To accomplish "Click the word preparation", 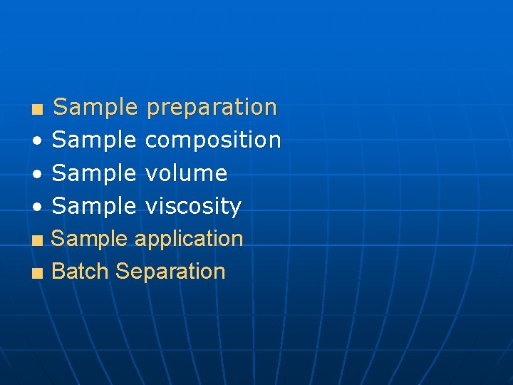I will pos(211,108).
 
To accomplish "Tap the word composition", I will pos(213,140).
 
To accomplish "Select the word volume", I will pos(186,173).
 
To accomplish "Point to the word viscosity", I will pos(193,206).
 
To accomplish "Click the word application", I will pos(189,239).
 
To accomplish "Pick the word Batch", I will pos(81,271).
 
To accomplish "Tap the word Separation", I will pos(170,272).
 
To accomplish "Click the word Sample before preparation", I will pos(95,108).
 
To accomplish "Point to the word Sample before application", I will pos(90,239).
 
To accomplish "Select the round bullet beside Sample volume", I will pos(36,174).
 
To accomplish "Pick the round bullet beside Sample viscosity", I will pos(36,207).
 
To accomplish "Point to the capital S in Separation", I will pos(122,271).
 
